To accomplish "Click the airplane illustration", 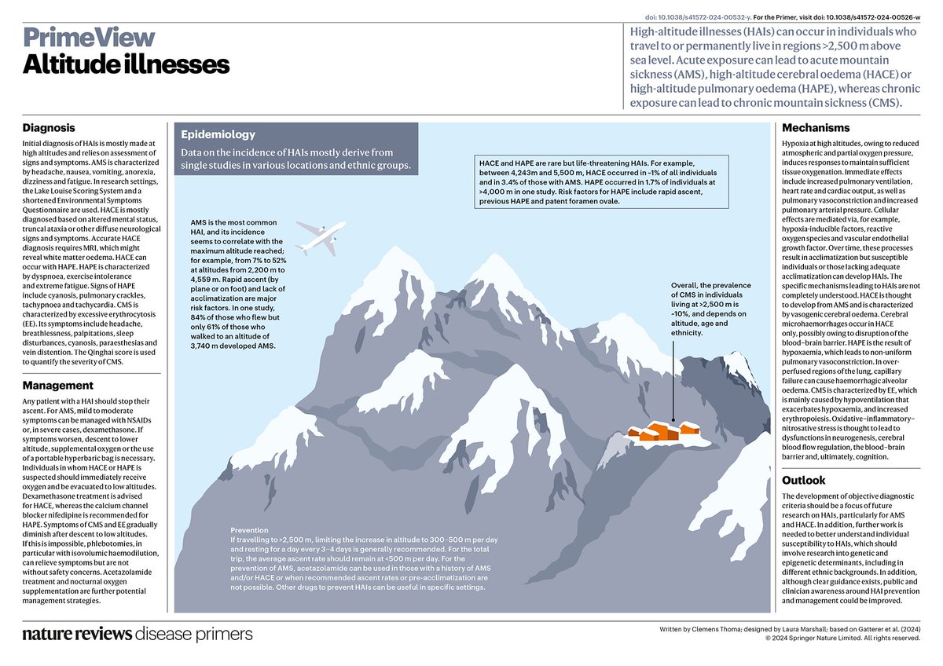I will click(x=321, y=235).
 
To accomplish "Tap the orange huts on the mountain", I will click(x=664, y=431).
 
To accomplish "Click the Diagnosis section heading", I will click(x=49, y=128).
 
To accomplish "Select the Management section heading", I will click(x=58, y=386).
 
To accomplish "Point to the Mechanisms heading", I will click(x=816, y=128).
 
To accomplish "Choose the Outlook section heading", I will click(x=804, y=480).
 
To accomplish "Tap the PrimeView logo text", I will click(x=89, y=37).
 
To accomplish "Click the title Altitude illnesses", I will click(x=126, y=64).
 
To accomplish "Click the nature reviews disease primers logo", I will click(x=138, y=634).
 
